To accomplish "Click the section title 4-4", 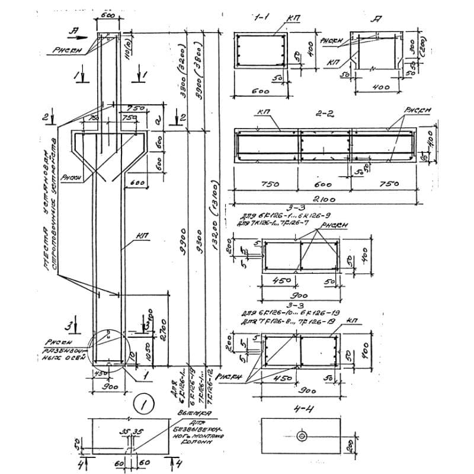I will tap(303, 409).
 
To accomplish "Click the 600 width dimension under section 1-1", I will tap(259, 92).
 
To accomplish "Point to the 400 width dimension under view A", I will tap(380, 88).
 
